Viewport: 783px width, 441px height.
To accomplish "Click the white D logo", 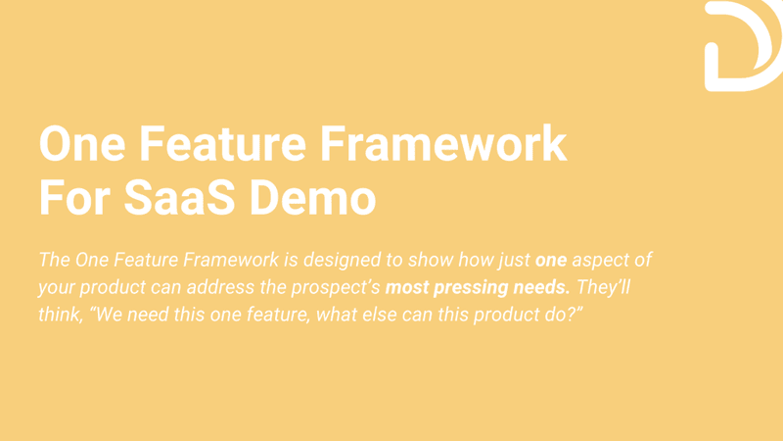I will pyautogui.click(x=741, y=46).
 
